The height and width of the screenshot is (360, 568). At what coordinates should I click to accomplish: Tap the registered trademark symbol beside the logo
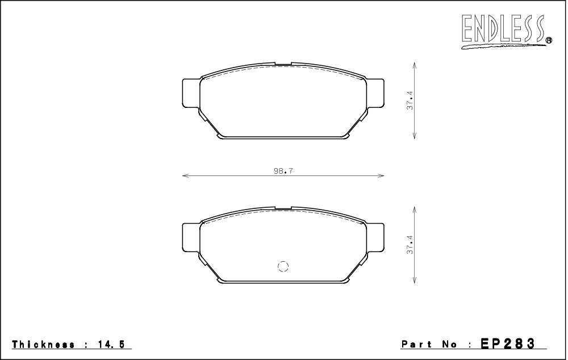(x=549, y=40)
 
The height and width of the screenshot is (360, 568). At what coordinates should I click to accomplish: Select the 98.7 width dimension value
(x=283, y=171)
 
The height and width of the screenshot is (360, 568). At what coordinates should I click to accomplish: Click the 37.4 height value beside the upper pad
(x=410, y=101)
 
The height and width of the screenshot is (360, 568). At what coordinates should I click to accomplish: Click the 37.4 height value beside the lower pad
(x=410, y=245)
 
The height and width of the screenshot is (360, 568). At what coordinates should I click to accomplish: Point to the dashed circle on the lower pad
(x=283, y=266)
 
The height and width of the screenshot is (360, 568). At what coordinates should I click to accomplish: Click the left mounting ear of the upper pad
(x=190, y=93)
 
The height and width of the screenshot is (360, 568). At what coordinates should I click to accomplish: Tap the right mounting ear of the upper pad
(x=375, y=93)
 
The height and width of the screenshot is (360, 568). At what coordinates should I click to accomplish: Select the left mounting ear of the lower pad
(x=190, y=237)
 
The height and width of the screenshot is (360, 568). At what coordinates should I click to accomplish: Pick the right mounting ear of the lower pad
(x=375, y=237)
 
